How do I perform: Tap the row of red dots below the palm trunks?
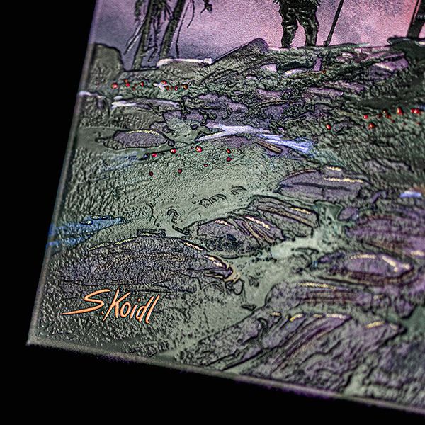click(x=149, y=86)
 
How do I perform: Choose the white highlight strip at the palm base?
click(x=184, y=62)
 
